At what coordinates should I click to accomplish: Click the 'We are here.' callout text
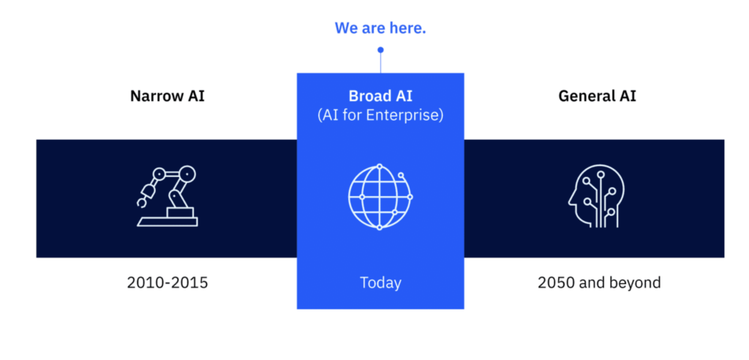(x=380, y=29)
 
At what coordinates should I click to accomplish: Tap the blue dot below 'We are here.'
(x=380, y=50)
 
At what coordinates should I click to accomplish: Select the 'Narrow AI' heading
(x=168, y=96)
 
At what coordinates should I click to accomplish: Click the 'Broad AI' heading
(x=380, y=96)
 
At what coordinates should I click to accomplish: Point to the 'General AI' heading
(x=597, y=96)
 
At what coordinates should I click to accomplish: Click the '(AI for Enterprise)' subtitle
(x=380, y=115)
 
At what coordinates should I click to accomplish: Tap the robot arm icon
(x=168, y=196)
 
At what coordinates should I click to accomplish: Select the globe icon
(x=380, y=197)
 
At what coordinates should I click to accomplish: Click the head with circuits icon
(x=597, y=196)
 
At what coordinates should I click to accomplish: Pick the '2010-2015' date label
(x=168, y=282)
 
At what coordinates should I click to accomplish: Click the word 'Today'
(x=380, y=282)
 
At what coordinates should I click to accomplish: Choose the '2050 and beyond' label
(x=599, y=282)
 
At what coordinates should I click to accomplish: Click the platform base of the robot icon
(x=168, y=222)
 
